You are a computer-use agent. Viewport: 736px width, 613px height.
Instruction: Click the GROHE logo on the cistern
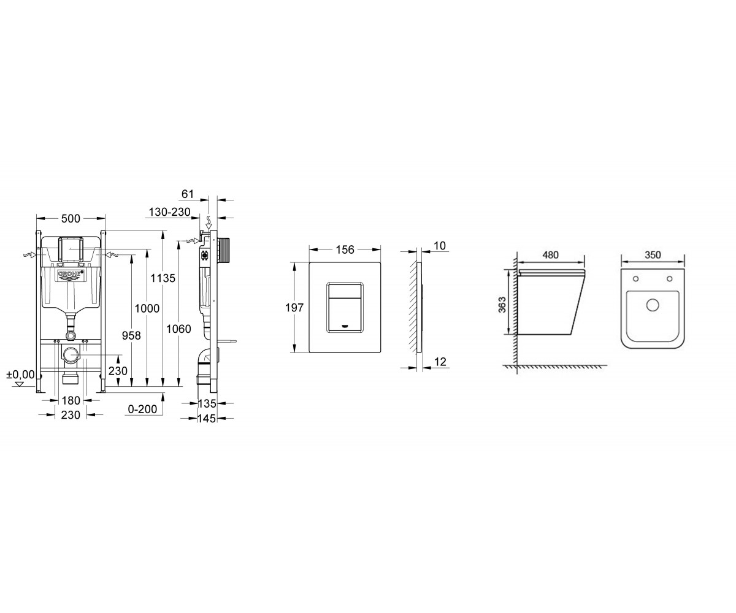point(71,275)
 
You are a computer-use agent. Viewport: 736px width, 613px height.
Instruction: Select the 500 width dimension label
point(71,218)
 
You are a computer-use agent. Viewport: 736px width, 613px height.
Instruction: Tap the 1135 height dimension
point(163,278)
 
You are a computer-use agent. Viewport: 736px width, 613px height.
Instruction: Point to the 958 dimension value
point(131,335)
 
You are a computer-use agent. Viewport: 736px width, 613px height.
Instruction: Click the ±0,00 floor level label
point(21,375)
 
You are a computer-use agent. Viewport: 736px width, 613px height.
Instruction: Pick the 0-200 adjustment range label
point(142,409)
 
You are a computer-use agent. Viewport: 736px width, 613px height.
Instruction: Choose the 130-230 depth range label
point(169,212)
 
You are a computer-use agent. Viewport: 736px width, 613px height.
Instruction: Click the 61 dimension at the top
point(188,194)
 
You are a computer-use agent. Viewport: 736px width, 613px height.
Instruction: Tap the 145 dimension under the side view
point(207,419)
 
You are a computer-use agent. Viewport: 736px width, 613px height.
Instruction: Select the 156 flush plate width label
point(345,249)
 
